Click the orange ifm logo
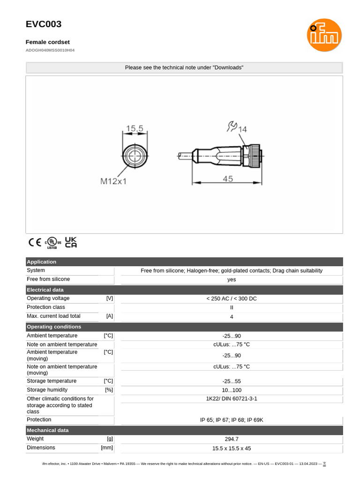pos(324,35)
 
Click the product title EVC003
pos(44,24)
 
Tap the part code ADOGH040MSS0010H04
pos(50,50)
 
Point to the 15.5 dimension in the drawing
pos(135,127)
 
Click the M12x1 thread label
pos(113,181)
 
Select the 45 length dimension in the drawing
pos(228,179)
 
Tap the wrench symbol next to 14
pos(232,126)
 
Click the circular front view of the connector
pos(135,156)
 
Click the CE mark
pos(35,242)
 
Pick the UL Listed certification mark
pos(53,242)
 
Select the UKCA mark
pos(71,242)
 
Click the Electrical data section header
pos(45,290)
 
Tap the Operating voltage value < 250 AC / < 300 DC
pos(231,299)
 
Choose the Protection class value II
pos(231,307)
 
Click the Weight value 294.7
pos(231,439)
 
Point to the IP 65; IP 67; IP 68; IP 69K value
pos(231,420)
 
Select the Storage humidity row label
pos(47,390)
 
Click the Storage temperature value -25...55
pos(231,381)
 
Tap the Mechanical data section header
pos(47,430)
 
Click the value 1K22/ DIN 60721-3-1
pos(231,398)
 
